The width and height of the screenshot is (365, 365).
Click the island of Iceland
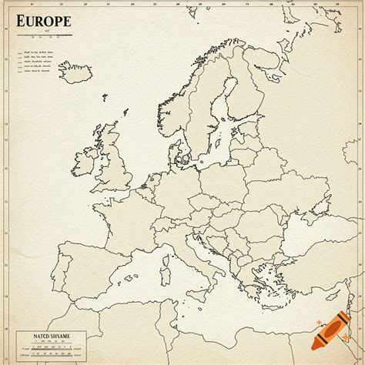[x=75, y=74]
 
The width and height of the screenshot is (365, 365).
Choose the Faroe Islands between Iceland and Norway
[x=105, y=96]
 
